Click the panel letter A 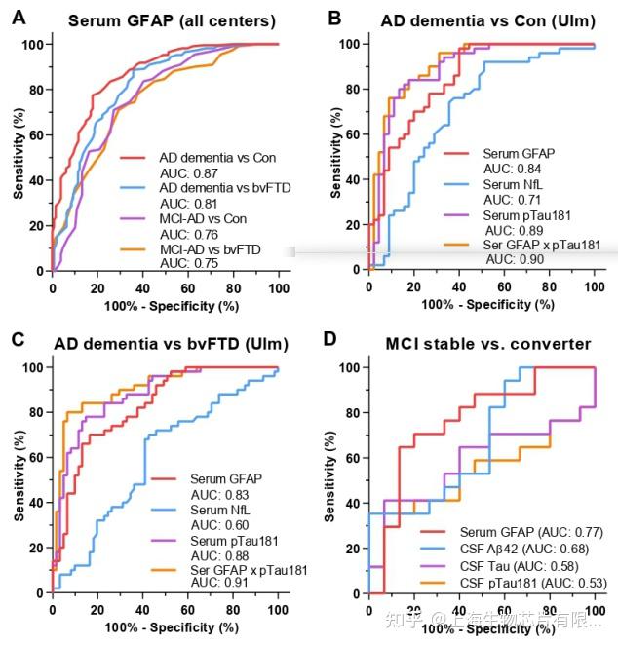pyautogui.click(x=17, y=17)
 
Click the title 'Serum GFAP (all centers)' pyautogui.click(x=163, y=19)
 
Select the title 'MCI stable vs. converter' pyautogui.click(x=486, y=343)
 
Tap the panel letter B pyautogui.click(x=334, y=17)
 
